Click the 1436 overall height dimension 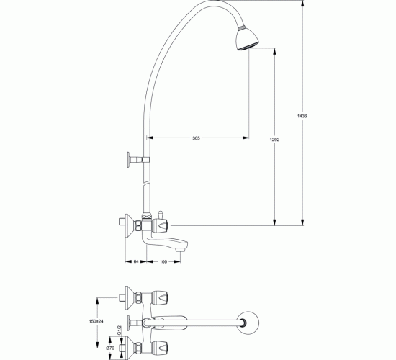(x=302, y=116)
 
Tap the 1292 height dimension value (x=274, y=140)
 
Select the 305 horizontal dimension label (x=196, y=138)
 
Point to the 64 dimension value (x=136, y=261)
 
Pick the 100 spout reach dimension (x=163, y=261)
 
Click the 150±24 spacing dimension (x=96, y=321)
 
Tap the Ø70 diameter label (x=110, y=348)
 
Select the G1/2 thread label (x=119, y=330)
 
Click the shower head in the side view (x=247, y=39)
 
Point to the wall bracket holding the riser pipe (x=138, y=160)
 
